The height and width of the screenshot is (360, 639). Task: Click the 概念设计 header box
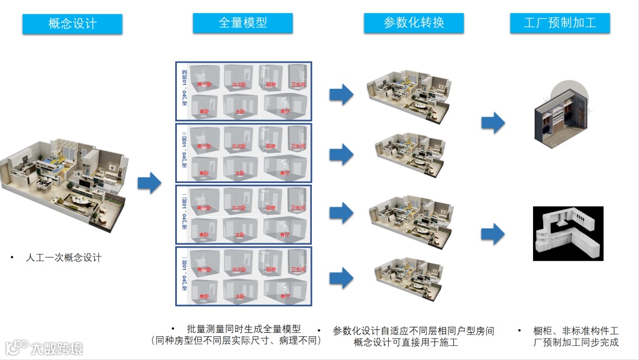pos(72,24)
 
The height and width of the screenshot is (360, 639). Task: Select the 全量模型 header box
pos(243,23)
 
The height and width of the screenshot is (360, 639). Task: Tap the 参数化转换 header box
pos(414,23)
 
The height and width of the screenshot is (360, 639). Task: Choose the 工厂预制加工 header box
pos(560,24)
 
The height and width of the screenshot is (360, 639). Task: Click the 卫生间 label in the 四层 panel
pos(298,85)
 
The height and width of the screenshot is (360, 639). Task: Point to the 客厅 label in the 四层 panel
pos(286,111)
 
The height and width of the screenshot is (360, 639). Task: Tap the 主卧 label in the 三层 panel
pos(240,173)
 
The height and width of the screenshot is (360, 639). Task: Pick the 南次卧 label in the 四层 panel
pos(204,85)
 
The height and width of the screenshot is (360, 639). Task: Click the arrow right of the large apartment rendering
pos(149,183)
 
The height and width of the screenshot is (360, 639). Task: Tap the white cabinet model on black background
pos(567,234)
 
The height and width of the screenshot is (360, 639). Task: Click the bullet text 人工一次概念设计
pos(63,258)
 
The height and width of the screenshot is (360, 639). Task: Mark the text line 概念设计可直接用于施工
pos(406,342)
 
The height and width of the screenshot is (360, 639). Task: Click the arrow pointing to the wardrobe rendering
pos(493,123)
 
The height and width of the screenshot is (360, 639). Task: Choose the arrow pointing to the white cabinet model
pos(493,234)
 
